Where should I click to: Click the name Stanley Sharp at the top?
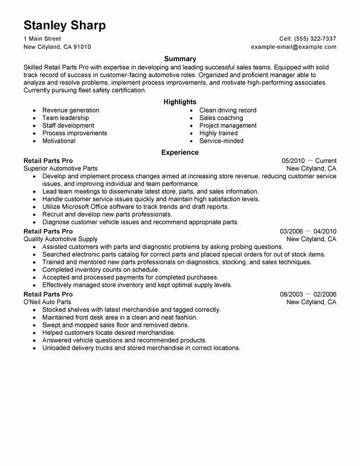65,26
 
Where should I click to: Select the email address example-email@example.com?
294,47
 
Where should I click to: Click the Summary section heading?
179,59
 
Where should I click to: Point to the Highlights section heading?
179,101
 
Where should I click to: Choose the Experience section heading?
179,153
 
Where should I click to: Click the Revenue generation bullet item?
70,110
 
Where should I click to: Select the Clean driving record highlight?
227,110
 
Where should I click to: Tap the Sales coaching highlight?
221,118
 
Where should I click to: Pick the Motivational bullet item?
59,141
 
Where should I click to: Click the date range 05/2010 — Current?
309,161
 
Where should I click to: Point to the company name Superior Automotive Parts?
61,168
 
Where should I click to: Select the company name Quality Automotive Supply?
61,239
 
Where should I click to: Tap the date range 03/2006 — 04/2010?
308,231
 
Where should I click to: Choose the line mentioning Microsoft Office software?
139,207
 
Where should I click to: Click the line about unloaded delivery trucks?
141,348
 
